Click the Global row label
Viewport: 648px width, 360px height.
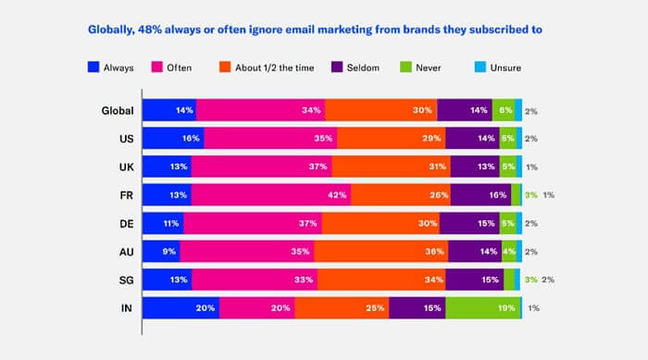[118, 111]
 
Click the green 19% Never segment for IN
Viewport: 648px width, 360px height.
[482, 307]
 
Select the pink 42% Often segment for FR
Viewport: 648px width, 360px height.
[271, 195]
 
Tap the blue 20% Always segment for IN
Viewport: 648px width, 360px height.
[181, 307]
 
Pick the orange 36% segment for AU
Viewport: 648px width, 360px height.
[380, 251]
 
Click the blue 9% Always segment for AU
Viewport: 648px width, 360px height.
[161, 251]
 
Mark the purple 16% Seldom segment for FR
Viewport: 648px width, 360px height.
[480, 195]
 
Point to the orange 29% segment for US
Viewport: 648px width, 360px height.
[391, 139]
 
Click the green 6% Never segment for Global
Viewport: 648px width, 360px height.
[503, 111]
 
